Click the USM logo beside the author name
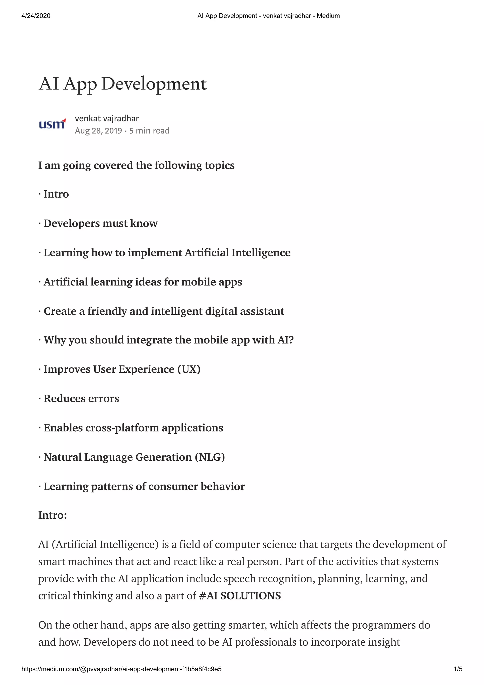tap(52, 124)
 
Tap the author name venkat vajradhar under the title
tap(107, 118)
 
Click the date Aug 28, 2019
tap(98, 131)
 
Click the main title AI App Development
tap(123, 84)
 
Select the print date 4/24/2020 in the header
tap(36, 16)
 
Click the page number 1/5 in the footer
tap(458, 669)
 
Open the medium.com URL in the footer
tap(121, 669)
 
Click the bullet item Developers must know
tap(100, 223)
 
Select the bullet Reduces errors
tap(81, 398)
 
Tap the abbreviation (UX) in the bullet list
tap(189, 369)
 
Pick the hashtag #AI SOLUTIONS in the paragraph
tap(240, 595)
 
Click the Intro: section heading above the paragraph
tap(52, 515)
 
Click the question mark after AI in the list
tap(291, 340)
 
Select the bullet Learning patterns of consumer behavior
tap(144, 486)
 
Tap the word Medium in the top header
tap(328, 16)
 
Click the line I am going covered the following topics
tap(136, 165)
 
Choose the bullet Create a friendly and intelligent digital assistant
tap(164, 311)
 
